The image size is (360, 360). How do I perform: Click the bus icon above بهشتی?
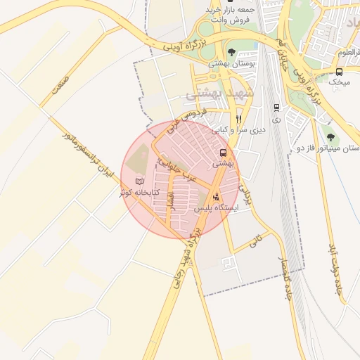[x=223, y=152]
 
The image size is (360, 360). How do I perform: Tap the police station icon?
[x=215, y=198]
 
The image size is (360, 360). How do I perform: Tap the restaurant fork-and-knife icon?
[x=239, y=119]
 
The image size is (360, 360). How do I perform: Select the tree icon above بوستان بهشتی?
[x=231, y=52]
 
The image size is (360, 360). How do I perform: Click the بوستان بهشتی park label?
[x=231, y=63]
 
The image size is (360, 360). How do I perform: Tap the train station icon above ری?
[x=276, y=108]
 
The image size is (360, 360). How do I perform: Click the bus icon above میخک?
[x=340, y=72]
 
